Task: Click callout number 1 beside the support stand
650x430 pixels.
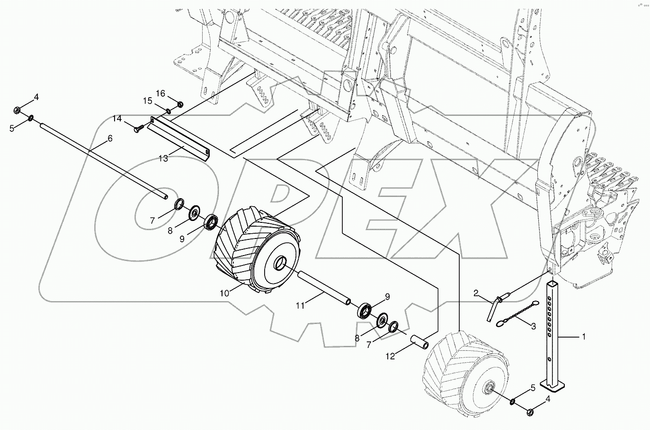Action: pyautogui.click(x=584, y=337)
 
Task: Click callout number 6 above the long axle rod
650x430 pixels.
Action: pyautogui.click(x=110, y=138)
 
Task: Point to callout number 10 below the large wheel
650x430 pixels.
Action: pyautogui.click(x=224, y=293)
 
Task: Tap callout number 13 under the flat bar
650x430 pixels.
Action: pyautogui.click(x=163, y=159)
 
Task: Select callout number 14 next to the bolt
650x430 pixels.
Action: pyautogui.click(x=117, y=118)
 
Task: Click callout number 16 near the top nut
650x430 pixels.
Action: pyautogui.click(x=161, y=94)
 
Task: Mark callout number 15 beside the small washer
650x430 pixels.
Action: pyautogui.click(x=148, y=101)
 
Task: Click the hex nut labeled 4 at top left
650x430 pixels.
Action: pyautogui.click(x=16, y=110)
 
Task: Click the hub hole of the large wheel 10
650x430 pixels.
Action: pyautogui.click(x=281, y=262)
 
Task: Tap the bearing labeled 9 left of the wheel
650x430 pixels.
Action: pyautogui.click(x=211, y=221)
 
